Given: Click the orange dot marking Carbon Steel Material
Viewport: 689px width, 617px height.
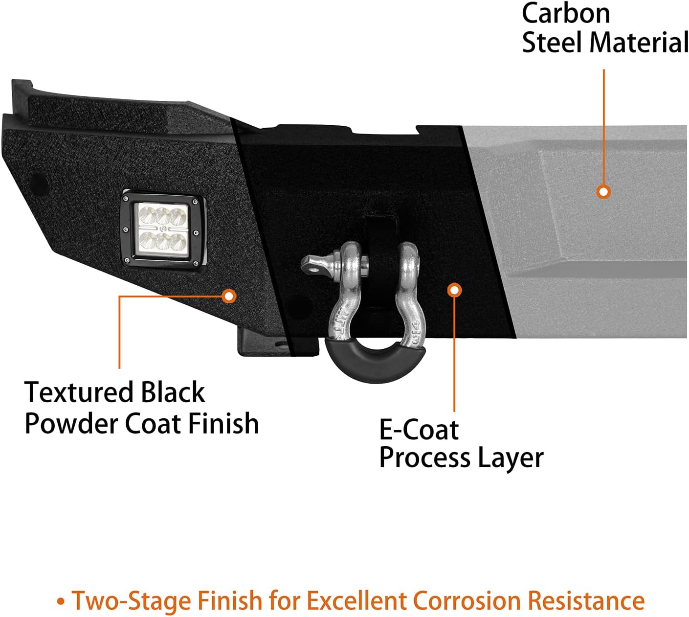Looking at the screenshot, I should coord(603,192).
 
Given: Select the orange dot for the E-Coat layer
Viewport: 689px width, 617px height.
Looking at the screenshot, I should coord(455,290).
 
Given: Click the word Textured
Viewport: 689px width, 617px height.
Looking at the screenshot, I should coord(78,392).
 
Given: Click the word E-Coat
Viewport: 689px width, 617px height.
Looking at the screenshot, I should coord(419,430).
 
